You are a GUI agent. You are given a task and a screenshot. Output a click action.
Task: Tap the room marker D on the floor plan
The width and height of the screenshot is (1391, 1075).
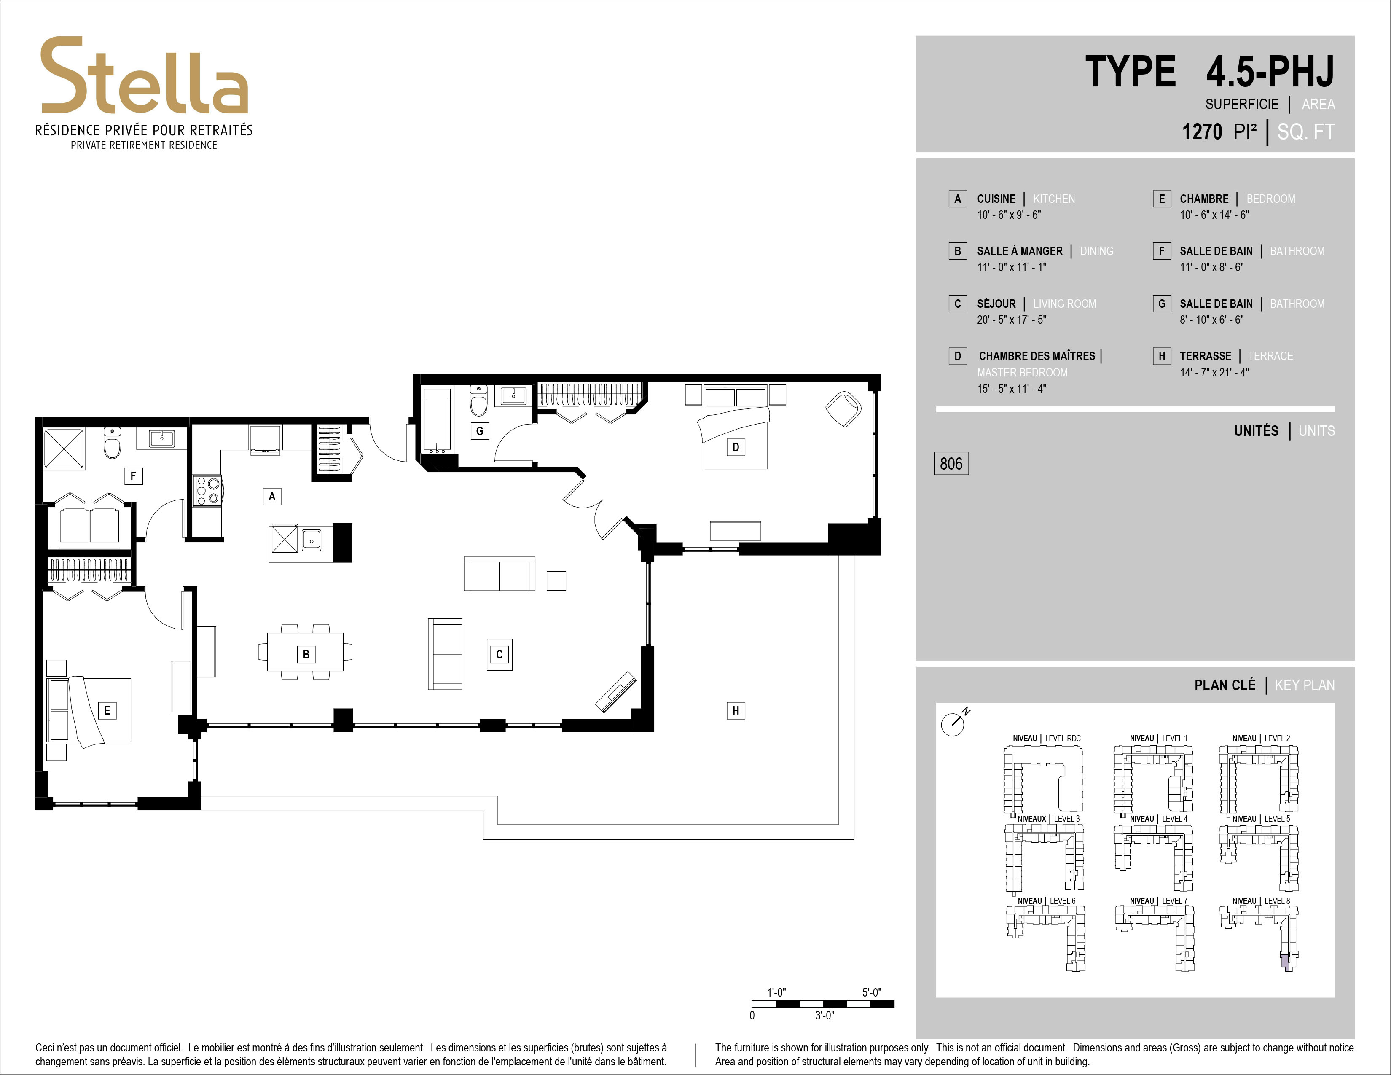point(736,447)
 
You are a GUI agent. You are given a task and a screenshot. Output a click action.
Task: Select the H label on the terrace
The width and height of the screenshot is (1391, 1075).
point(736,710)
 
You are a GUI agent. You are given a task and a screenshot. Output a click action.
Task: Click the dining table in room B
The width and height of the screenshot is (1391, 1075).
point(305,651)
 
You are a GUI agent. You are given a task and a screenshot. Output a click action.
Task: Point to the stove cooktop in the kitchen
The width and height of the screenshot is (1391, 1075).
point(207,491)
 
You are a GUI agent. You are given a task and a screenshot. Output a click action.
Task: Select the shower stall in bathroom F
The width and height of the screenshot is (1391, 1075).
point(63,449)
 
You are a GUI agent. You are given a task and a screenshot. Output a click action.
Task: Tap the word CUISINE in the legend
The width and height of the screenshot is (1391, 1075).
point(996,199)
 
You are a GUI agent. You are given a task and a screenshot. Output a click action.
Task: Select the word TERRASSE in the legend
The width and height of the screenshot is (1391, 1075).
point(1205,356)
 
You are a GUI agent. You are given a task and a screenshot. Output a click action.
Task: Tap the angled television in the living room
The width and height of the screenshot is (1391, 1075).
point(616,691)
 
